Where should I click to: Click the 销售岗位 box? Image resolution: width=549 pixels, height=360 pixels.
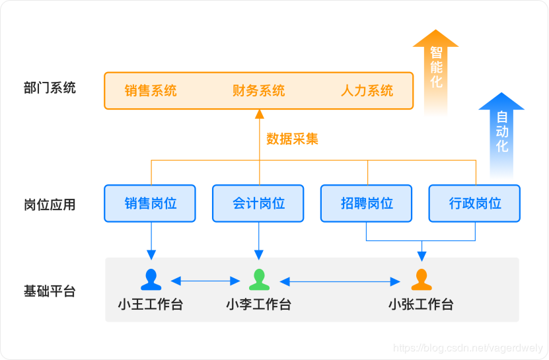coord(151,203)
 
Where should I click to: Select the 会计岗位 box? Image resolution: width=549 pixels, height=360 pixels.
coord(258,203)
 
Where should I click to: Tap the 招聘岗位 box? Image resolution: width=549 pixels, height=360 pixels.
coord(367,203)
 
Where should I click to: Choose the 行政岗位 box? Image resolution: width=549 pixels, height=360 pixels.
coord(474,203)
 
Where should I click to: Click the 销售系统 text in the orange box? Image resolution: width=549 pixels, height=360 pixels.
coord(151,90)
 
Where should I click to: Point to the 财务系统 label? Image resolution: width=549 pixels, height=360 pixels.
coord(258,90)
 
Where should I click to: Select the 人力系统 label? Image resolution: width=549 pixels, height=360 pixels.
coord(367,90)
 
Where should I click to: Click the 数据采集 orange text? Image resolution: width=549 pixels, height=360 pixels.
coord(292,139)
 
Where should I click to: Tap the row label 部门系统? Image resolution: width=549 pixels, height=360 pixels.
coord(50,88)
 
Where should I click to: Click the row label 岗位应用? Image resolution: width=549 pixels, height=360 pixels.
coord(50,205)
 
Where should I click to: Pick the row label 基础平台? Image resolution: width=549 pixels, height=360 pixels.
coord(50,291)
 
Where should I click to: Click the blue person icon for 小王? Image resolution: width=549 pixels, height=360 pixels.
coord(151,279)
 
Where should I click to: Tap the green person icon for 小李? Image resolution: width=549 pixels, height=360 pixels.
coord(259,279)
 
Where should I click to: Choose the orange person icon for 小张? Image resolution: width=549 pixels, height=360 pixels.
coord(421,279)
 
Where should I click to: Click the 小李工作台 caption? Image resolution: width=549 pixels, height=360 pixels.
coord(258,305)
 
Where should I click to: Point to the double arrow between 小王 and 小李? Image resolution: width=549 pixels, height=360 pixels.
coord(205,281)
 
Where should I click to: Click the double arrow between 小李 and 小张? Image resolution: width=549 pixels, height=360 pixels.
coord(340,282)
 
